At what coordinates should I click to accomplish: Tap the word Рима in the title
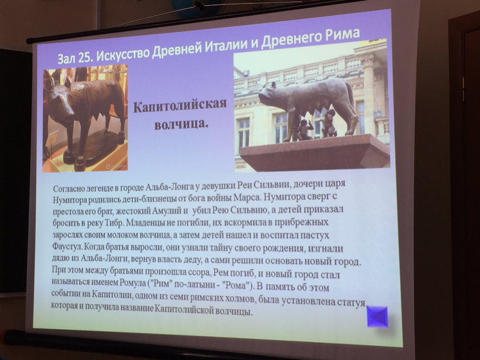pyautogui.click(x=343, y=34)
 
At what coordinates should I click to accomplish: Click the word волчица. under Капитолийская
pyautogui.click(x=181, y=124)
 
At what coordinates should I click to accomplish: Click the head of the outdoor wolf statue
pyautogui.click(x=270, y=93)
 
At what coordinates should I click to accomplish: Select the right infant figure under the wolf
pyautogui.click(x=328, y=125)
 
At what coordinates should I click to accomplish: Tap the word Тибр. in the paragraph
pyautogui.click(x=115, y=224)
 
